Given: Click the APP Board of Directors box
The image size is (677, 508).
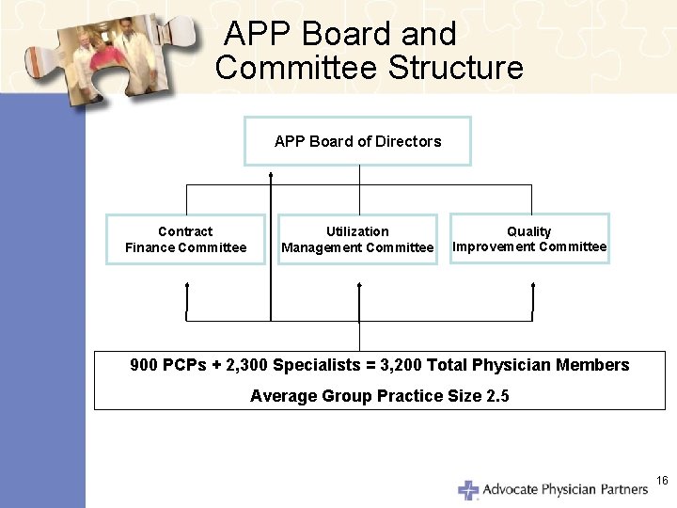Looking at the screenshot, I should pos(357,141).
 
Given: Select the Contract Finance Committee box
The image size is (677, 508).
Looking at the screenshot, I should pos(186,239).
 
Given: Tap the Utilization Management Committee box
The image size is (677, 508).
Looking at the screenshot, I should pos(357,239).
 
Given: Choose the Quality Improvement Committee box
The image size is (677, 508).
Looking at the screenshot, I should pos(529,239).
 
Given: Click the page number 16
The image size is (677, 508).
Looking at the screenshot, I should pos(661,481).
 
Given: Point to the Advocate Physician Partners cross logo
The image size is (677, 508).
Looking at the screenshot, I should pos(468,490).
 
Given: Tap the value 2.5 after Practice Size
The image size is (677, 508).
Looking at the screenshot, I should pos(497,396).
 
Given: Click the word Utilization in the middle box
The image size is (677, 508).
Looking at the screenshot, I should pos(357,231).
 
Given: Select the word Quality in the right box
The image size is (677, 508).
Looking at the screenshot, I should pos(529,231).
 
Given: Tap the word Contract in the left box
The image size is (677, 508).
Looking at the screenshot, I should pos(185,231).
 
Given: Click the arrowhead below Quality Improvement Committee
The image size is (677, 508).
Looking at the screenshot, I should pos(532,284).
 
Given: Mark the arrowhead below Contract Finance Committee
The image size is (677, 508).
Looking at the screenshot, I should pos(187,284).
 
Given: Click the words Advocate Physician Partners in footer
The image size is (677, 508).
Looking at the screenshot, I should pos(565,489).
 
